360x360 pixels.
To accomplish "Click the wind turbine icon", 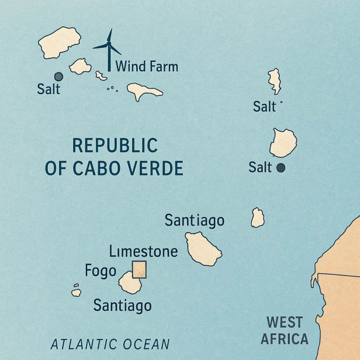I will pyautogui.click(x=109, y=49).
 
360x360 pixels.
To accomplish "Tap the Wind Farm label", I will pyautogui.click(x=147, y=66).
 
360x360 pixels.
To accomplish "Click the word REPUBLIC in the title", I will pyautogui.click(x=115, y=146).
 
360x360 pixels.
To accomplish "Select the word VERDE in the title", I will pyautogui.click(x=157, y=168).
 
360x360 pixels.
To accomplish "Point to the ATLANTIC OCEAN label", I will pyautogui.click(x=110, y=345).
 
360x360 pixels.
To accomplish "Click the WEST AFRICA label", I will pyautogui.click(x=285, y=330).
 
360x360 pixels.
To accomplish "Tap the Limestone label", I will pyautogui.click(x=143, y=252).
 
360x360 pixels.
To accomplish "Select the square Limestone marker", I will pyautogui.click(x=140, y=270).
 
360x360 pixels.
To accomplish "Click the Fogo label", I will pyautogui.click(x=101, y=271).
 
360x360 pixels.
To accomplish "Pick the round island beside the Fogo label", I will pyautogui.click(x=129, y=283).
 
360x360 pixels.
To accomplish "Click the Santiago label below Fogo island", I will pyautogui.click(x=122, y=306).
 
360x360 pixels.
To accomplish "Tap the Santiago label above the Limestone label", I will pyautogui.click(x=195, y=220).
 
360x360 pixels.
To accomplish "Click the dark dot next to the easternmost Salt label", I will pyautogui.click(x=281, y=167).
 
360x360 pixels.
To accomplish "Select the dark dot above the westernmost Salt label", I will pyautogui.click(x=59, y=76).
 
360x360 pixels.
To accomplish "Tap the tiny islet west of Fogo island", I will pyautogui.click(x=76, y=292).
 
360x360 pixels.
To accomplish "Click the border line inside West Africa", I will pyautogui.click(x=337, y=275).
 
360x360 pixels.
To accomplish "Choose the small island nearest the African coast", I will pyautogui.click(x=257, y=218).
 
